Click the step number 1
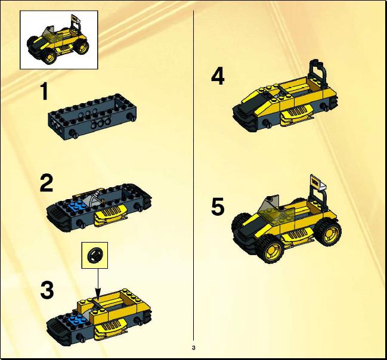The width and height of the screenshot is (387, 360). [x=44, y=91]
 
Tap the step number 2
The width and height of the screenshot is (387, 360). [x=47, y=183]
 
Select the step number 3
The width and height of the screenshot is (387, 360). [x=47, y=290]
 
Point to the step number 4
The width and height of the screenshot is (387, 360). [x=218, y=76]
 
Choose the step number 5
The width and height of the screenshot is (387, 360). [x=218, y=206]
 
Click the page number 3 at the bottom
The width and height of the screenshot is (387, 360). [x=193, y=348]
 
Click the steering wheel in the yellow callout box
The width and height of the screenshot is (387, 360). [x=95, y=255]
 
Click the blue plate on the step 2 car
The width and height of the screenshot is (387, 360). [x=78, y=206]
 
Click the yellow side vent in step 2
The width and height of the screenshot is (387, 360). [x=110, y=215]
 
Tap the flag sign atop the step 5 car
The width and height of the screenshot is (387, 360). [x=317, y=182]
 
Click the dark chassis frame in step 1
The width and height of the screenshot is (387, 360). [x=92, y=117]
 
